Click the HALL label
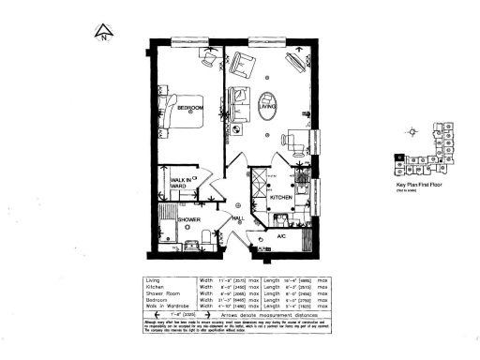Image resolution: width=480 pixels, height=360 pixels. pyautogui.click(x=237, y=217)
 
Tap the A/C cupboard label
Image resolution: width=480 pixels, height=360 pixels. pyautogui.click(x=281, y=236)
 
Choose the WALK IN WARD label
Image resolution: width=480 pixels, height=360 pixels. pyautogui.click(x=180, y=182)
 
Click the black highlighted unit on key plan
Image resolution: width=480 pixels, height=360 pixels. pyautogui.click(x=401, y=156)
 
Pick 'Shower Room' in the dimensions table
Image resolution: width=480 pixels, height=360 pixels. pyautogui.click(x=163, y=292)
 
